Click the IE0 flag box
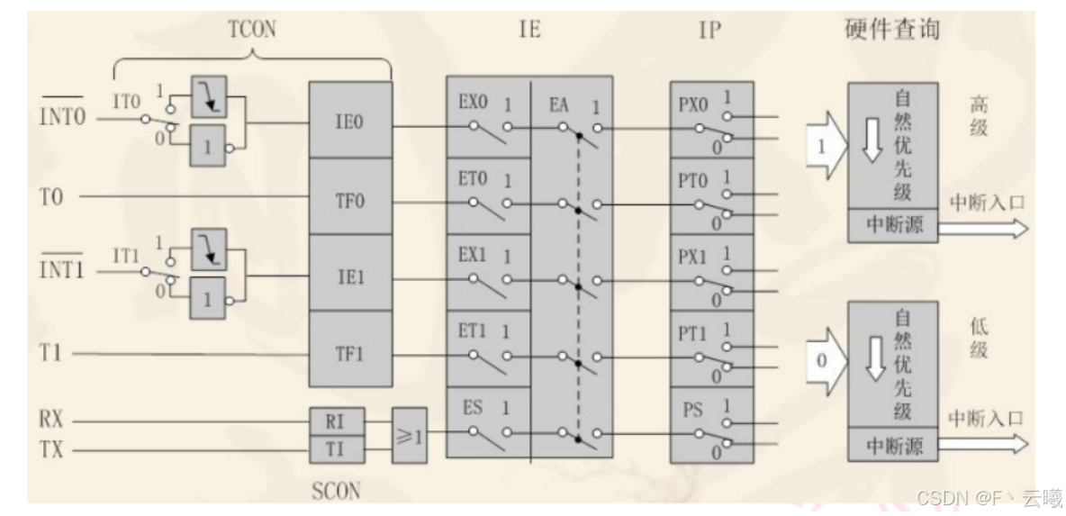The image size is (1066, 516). (349, 121)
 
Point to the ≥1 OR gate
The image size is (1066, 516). (411, 434)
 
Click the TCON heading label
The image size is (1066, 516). (253, 28)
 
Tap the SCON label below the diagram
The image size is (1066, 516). (337, 492)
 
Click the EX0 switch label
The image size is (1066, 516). (472, 104)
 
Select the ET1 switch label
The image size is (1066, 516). (472, 331)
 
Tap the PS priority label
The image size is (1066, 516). (692, 412)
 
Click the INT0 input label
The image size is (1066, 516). (60, 116)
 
